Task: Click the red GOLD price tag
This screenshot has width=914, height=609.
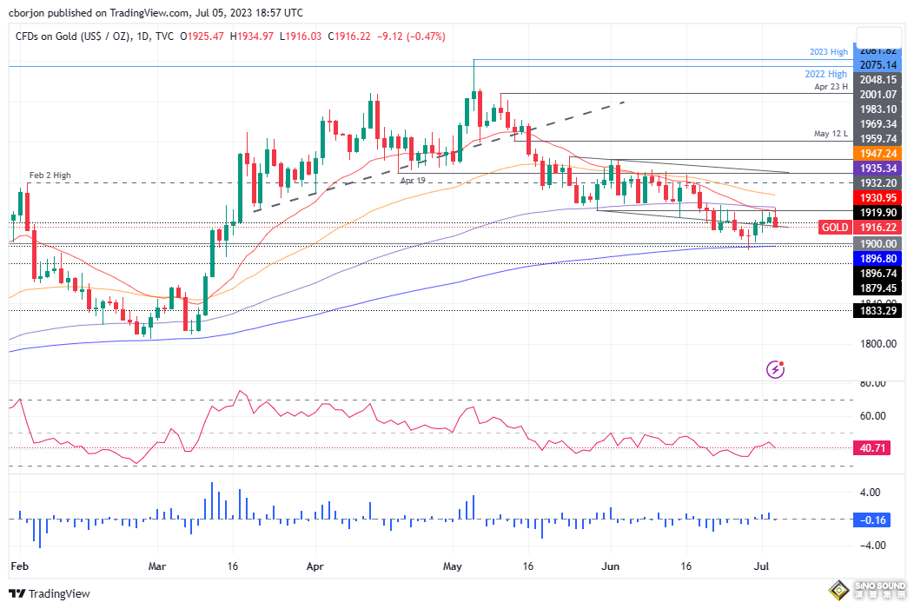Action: pos(835,227)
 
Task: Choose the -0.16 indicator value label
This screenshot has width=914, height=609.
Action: pos(873,520)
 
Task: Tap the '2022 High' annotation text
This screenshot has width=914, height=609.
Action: pos(826,75)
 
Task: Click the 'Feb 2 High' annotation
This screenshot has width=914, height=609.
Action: pos(50,175)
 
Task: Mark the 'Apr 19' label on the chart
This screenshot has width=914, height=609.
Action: pos(414,180)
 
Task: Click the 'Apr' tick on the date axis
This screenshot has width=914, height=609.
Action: pos(315,565)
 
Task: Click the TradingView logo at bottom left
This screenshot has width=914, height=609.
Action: pos(50,593)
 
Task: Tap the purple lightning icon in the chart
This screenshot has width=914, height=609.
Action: pos(776,370)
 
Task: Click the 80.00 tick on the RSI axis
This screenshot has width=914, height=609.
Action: pos(873,383)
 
